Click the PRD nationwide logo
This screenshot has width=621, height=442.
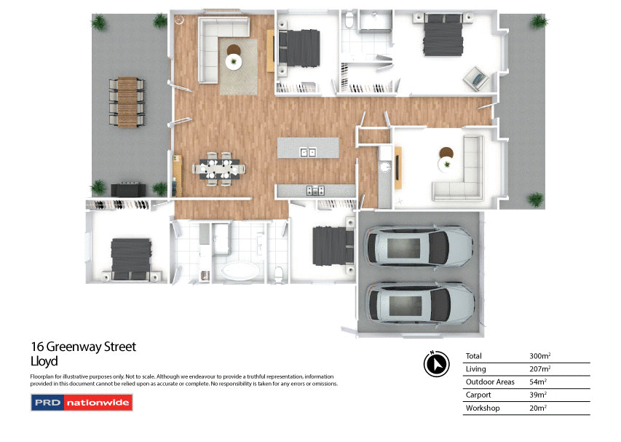pos(82,402)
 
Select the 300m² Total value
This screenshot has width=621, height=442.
pos(540,356)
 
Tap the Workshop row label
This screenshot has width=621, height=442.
pos(483,409)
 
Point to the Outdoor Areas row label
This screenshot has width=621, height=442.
pos(490,382)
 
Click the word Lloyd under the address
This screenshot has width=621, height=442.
pos(44,360)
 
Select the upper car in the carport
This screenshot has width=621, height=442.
pos(419,248)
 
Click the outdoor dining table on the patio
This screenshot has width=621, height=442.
pos(130,103)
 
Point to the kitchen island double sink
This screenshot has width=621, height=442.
pos(309,152)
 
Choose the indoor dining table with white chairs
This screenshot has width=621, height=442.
pos(218,168)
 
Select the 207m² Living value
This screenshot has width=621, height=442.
pos(539,369)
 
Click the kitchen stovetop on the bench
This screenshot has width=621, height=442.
pos(316,191)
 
